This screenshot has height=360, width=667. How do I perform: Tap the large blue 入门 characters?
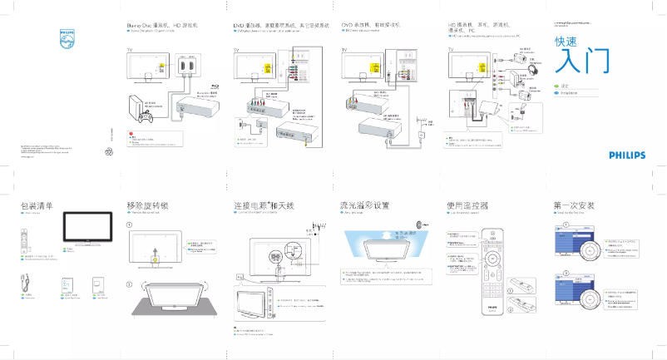tap(581, 60)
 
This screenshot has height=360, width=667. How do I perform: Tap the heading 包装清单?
tap(37, 205)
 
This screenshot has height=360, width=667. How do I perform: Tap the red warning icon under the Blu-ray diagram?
tap(131, 135)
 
